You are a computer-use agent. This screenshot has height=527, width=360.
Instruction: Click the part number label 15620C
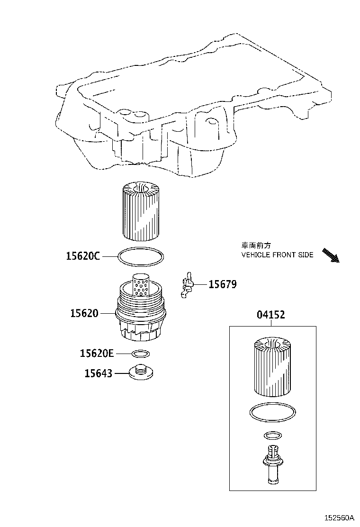tap(83, 256)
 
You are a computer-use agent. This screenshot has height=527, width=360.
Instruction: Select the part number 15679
tap(223, 284)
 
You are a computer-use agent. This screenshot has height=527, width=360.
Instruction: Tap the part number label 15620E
tap(97, 353)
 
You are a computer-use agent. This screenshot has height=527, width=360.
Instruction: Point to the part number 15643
tap(99, 373)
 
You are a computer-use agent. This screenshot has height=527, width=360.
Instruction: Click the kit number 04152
tap(271, 315)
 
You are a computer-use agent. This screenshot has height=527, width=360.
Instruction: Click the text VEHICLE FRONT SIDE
tap(277, 254)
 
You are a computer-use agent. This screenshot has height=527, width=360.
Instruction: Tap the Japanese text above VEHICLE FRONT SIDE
tap(255, 245)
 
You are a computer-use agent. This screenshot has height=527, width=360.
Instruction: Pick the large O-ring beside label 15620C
tap(141, 257)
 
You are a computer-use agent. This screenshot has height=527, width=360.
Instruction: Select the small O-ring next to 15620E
tap(141, 354)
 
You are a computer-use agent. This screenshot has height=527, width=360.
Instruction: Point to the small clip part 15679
tap(187, 285)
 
